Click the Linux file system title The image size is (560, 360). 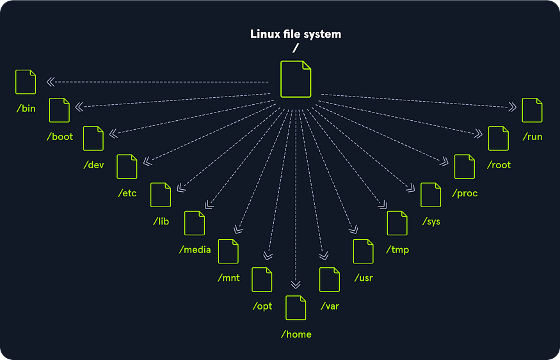click(x=295, y=34)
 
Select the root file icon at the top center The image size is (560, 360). click(x=296, y=79)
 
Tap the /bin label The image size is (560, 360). click(x=26, y=108)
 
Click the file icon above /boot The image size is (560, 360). click(x=60, y=110)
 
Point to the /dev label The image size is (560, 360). click(x=93, y=165)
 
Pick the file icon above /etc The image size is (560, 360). click(x=127, y=166)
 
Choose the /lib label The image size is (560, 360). click(x=161, y=221)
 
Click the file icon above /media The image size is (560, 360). click(x=195, y=223)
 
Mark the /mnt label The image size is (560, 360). click(x=228, y=278)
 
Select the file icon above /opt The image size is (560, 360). click(x=262, y=279)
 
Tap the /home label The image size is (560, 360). click(x=296, y=334)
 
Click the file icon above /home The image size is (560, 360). click(x=296, y=308)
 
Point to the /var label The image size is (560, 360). click(x=330, y=306)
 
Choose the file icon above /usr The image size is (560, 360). click(x=364, y=251)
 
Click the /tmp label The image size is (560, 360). click(x=397, y=249)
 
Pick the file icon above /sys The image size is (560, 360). click(x=431, y=194)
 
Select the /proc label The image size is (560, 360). click(x=465, y=193)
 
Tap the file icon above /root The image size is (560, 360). click(x=499, y=138)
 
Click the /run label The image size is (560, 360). click(x=532, y=136)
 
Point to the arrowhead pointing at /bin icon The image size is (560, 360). click(x=50, y=82)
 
